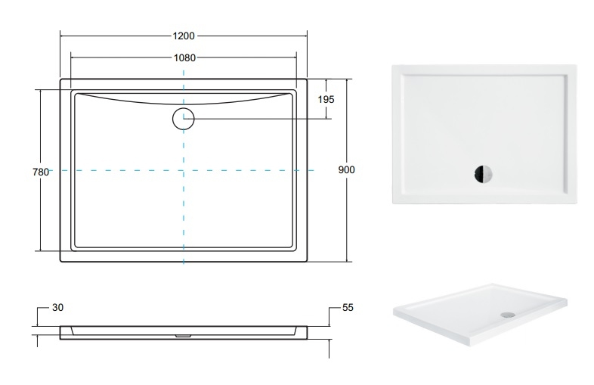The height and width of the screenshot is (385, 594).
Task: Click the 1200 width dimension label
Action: pos(184,36)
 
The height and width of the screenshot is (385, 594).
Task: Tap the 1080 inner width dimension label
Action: pos(184,57)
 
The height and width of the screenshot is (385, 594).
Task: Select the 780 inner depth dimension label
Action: pos(41,172)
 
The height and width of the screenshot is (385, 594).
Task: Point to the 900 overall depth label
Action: pos(346,170)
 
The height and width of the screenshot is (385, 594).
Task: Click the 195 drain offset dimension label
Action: pos(326,99)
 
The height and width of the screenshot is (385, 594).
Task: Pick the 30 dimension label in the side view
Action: pos(57,307)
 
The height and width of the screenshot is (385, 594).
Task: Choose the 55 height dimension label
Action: pos(348,307)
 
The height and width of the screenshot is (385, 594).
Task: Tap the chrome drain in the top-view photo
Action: pos(483,174)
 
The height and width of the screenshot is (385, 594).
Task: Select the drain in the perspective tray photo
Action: pos(507,315)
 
